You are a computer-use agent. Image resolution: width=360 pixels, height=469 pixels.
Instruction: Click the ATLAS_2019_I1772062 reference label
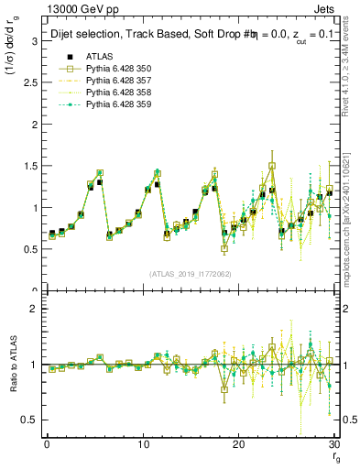click(x=191, y=274)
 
